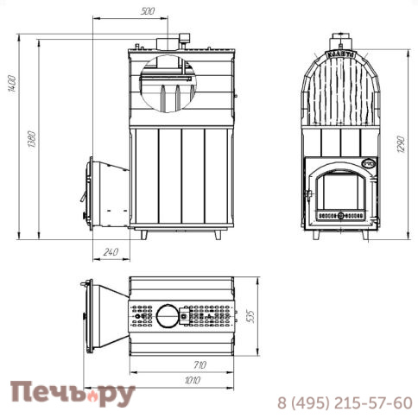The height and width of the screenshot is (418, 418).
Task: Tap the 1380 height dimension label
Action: point(32,138)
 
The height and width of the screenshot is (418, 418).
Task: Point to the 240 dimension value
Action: point(110,252)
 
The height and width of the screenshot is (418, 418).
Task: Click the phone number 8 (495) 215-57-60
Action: point(344,402)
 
